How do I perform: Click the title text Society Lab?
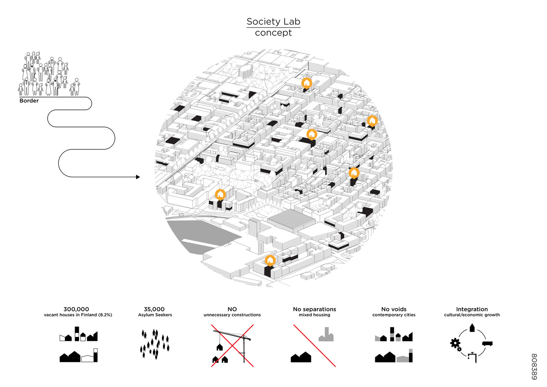(273, 22)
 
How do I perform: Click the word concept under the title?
(273, 33)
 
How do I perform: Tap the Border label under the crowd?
(29, 101)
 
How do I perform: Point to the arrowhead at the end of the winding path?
(138, 177)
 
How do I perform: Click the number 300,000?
(76, 309)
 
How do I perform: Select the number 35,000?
(154, 309)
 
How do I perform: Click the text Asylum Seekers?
(155, 315)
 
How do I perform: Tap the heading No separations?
(315, 309)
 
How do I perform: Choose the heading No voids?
(394, 309)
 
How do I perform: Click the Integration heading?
(472, 309)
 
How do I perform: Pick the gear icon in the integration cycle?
(456, 344)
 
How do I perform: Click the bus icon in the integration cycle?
(487, 344)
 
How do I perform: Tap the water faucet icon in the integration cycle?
(472, 357)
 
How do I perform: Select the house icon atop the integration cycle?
(472, 328)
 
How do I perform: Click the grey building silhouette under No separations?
(326, 334)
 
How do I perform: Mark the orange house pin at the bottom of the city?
(270, 260)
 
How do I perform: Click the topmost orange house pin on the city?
(306, 83)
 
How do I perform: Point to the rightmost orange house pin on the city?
(372, 121)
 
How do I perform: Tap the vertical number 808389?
(534, 367)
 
